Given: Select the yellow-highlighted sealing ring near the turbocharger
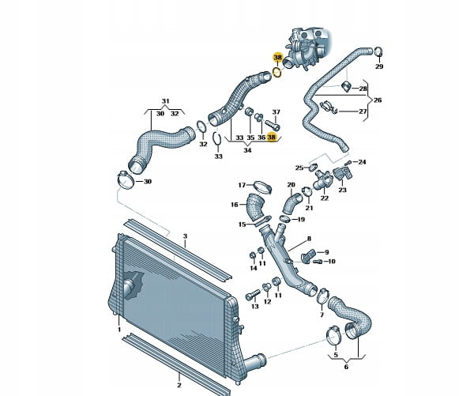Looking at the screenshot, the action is (x=277, y=73).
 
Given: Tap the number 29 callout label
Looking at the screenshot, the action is (x=379, y=66).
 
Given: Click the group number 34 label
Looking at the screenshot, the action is (x=247, y=150).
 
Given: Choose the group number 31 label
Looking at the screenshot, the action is (x=165, y=101).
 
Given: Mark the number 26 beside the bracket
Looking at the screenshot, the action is (x=378, y=100).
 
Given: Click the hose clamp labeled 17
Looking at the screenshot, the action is (x=263, y=187).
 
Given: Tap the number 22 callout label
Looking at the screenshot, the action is (x=325, y=198).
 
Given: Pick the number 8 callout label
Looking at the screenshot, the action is (x=309, y=239).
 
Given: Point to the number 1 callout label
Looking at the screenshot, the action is (x=119, y=330).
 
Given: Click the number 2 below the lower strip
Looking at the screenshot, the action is (x=179, y=385).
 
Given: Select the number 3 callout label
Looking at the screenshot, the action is (x=186, y=236).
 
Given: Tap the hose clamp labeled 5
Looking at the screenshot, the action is (x=333, y=335).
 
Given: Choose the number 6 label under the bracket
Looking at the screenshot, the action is (x=346, y=367).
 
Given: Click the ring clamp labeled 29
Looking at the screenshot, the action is (x=378, y=51).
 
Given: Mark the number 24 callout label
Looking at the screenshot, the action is (x=362, y=162).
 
